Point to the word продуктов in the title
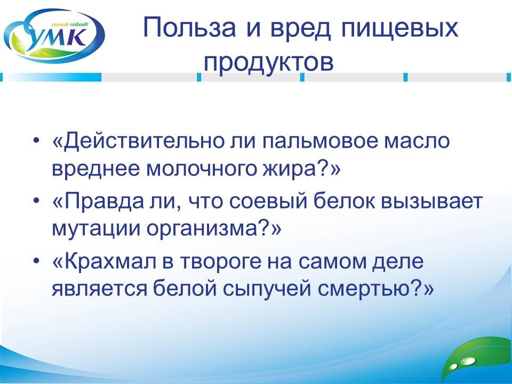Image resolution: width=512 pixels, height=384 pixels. point(268,62)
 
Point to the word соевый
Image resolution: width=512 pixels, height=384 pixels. point(256,203)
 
